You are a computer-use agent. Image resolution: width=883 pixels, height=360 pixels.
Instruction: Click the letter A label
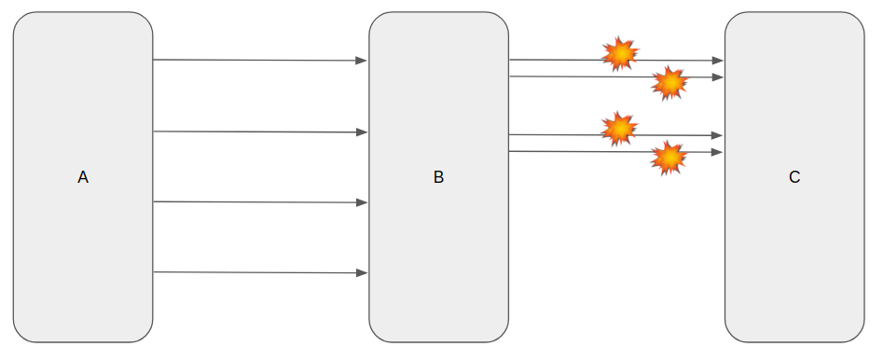tap(83, 176)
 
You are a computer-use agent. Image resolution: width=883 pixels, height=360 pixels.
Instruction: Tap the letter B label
tap(438, 176)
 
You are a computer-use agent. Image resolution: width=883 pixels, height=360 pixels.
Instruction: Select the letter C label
tap(794, 176)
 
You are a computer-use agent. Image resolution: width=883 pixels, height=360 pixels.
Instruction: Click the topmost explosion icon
tap(620, 54)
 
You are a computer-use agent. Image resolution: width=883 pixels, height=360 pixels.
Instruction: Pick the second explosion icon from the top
tap(669, 84)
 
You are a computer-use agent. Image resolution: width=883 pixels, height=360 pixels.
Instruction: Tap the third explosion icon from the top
tap(619, 129)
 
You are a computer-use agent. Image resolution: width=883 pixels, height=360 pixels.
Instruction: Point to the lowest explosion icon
tap(668, 159)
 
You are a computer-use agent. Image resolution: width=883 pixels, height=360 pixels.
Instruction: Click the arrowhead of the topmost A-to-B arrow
tap(362, 61)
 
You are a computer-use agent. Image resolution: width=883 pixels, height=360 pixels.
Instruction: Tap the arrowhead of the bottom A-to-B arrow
tap(362, 273)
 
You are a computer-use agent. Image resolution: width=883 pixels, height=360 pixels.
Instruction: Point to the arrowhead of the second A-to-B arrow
tap(362, 132)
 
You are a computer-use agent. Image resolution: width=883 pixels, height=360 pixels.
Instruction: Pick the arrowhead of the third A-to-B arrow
tap(362, 202)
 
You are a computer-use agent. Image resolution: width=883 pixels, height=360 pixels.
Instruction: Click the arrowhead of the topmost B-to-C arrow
tap(717, 61)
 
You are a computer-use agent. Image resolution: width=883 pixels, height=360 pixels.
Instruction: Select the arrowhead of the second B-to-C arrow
tap(717, 77)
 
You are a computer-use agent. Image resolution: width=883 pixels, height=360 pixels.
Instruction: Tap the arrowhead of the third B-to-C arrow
tap(717, 135)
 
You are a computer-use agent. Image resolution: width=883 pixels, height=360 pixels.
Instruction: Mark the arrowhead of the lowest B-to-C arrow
tap(717, 152)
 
